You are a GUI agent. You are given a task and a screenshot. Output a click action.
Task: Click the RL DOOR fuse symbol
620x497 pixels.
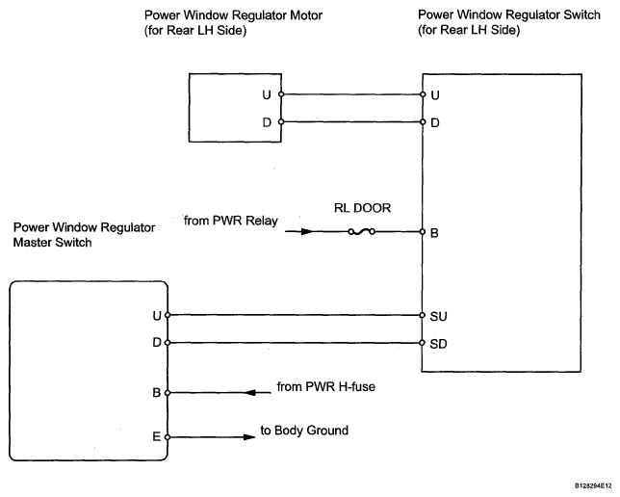click(x=361, y=232)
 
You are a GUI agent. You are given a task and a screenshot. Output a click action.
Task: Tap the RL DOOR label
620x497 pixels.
click(x=362, y=208)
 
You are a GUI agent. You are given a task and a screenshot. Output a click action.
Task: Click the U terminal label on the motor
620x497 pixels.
click(x=267, y=95)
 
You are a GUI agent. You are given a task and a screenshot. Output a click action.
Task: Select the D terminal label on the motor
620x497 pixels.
click(x=267, y=122)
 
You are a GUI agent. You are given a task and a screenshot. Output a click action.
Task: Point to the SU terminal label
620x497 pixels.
click(x=438, y=316)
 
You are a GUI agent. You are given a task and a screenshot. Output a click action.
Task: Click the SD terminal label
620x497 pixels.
click(x=438, y=344)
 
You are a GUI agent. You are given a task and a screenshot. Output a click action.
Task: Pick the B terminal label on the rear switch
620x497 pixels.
click(x=434, y=233)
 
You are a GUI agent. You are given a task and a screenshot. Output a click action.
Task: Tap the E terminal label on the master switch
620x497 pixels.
click(x=157, y=436)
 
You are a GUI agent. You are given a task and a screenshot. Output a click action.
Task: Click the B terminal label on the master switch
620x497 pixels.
click(x=157, y=393)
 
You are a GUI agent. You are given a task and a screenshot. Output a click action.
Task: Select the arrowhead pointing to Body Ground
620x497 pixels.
click(x=249, y=437)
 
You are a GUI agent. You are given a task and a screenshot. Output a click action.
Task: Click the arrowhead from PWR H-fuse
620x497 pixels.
click(x=252, y=393)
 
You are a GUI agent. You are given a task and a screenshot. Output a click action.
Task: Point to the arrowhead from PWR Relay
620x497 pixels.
click(x=307, y=231)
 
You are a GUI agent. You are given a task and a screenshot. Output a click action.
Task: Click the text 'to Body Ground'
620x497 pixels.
click(x=304, y=431)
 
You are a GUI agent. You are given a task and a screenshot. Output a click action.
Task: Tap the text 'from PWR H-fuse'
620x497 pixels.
click(x=325, y=386)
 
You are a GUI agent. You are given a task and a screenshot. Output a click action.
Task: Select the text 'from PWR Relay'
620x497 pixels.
click(x=230, y=221)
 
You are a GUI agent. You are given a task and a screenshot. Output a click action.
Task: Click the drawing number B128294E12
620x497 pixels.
click(x=593, y=485)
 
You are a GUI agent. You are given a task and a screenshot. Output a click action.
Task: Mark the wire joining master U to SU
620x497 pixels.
click(x=295, y=315)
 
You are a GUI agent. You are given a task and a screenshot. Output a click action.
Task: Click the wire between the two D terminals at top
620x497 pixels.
click(x=351, y=122)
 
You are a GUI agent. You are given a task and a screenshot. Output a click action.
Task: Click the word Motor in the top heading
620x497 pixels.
click(x=306, y=15)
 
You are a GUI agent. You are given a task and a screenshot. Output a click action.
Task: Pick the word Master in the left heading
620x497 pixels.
click(x=33, y=242)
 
